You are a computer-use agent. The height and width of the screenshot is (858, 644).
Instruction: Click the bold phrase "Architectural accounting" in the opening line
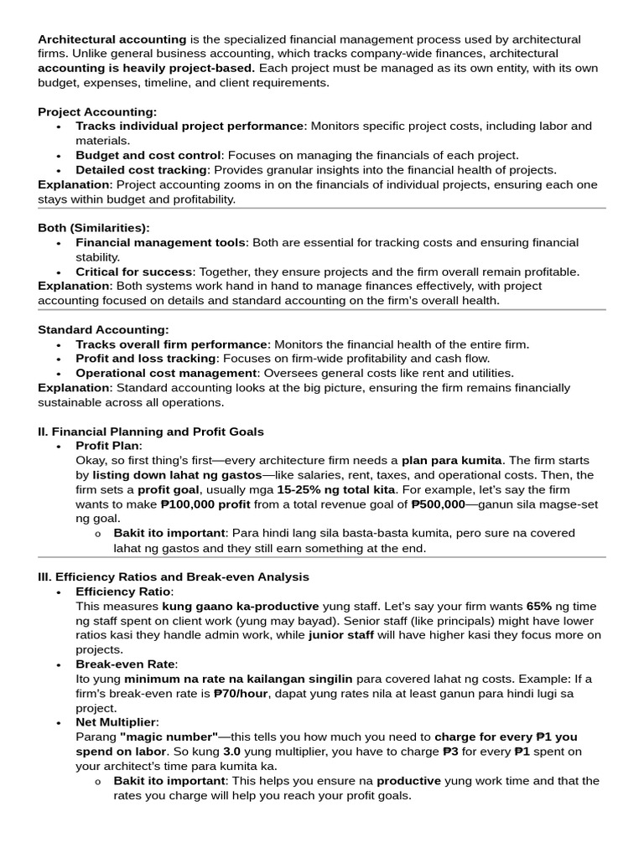coord(112,39)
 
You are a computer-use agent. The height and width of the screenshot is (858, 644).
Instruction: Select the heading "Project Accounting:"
coord(97,111)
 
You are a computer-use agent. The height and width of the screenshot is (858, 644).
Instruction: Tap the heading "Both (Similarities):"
coord(94,228)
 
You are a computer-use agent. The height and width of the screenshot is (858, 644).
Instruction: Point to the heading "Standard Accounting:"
coord(103,329)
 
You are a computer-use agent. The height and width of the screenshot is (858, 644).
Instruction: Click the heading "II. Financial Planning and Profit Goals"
coord(151,432)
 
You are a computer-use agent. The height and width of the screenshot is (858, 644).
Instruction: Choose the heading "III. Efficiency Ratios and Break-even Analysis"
coord(174,576)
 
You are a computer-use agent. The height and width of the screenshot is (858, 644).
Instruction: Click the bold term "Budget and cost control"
coord(148,155)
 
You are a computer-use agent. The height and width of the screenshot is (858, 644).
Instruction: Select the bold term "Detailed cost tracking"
coord(141,169)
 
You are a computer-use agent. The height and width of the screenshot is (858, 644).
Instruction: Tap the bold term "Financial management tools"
coord(161,242)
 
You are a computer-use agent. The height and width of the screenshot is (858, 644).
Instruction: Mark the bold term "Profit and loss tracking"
coord(146,359)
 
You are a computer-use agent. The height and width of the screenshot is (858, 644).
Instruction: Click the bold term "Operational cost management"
coord(164,373)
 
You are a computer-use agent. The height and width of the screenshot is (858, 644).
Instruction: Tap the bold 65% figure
coord(540,606)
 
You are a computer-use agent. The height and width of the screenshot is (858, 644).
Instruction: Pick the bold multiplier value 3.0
coord(232,751)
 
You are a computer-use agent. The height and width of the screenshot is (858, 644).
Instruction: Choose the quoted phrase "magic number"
coord(169,737)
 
